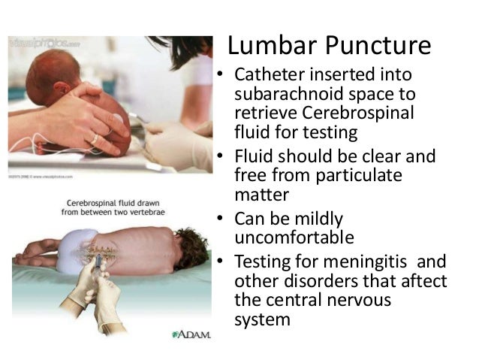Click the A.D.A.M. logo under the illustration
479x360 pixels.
click(186, 334)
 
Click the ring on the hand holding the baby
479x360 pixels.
click(95, 138)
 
